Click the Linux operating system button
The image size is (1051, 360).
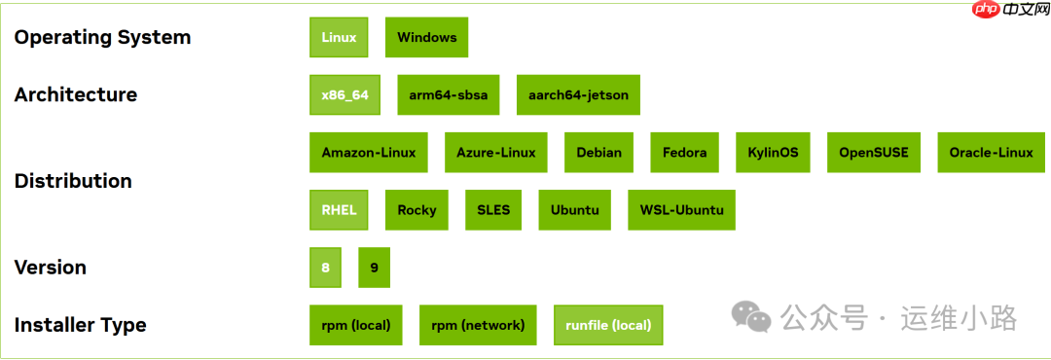pyautogui.click(x=339, y=38)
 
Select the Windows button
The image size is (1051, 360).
pyautogui.click(x=426, y=38)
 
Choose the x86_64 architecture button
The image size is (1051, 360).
pyautogui.click(x=344, y=95)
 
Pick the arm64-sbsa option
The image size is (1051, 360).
pyautogui.click(x=448, y=95)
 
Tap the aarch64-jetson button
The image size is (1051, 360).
pyautogui.click(x=578, y=95)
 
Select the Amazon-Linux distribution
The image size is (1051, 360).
pyautogui.click(x=369, y=153)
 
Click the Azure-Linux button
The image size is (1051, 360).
pyautogui.click(x=496, y=153)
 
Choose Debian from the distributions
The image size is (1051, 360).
pyautogui.click(x=598, y=153)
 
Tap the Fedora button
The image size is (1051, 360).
pyautogui.click(x=684, y=153)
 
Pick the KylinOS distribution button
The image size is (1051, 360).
pyautogui.click(x=773, y=153)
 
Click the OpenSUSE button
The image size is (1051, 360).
pyautogui.click(x=874, y=153)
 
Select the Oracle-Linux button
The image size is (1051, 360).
pyautogui.click(x=991, y=153)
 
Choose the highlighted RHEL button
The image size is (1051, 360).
pyautogui.click(x=339, y=210)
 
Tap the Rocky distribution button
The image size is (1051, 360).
pyautogui.click(x=417, y=210)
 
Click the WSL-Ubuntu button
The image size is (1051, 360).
pyautogui.click(x=681, y=210)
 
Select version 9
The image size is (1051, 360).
pyautogui.click(x=374, y=268)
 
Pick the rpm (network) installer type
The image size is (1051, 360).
pyautogui.click(x=478, y=325)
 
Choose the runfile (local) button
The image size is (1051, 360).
pyautogui.click(x=608, y=325)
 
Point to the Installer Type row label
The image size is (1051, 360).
pyautogui.click(x=80, y=325)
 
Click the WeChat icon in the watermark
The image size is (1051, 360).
pyautogui.click(x=750, y=316)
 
